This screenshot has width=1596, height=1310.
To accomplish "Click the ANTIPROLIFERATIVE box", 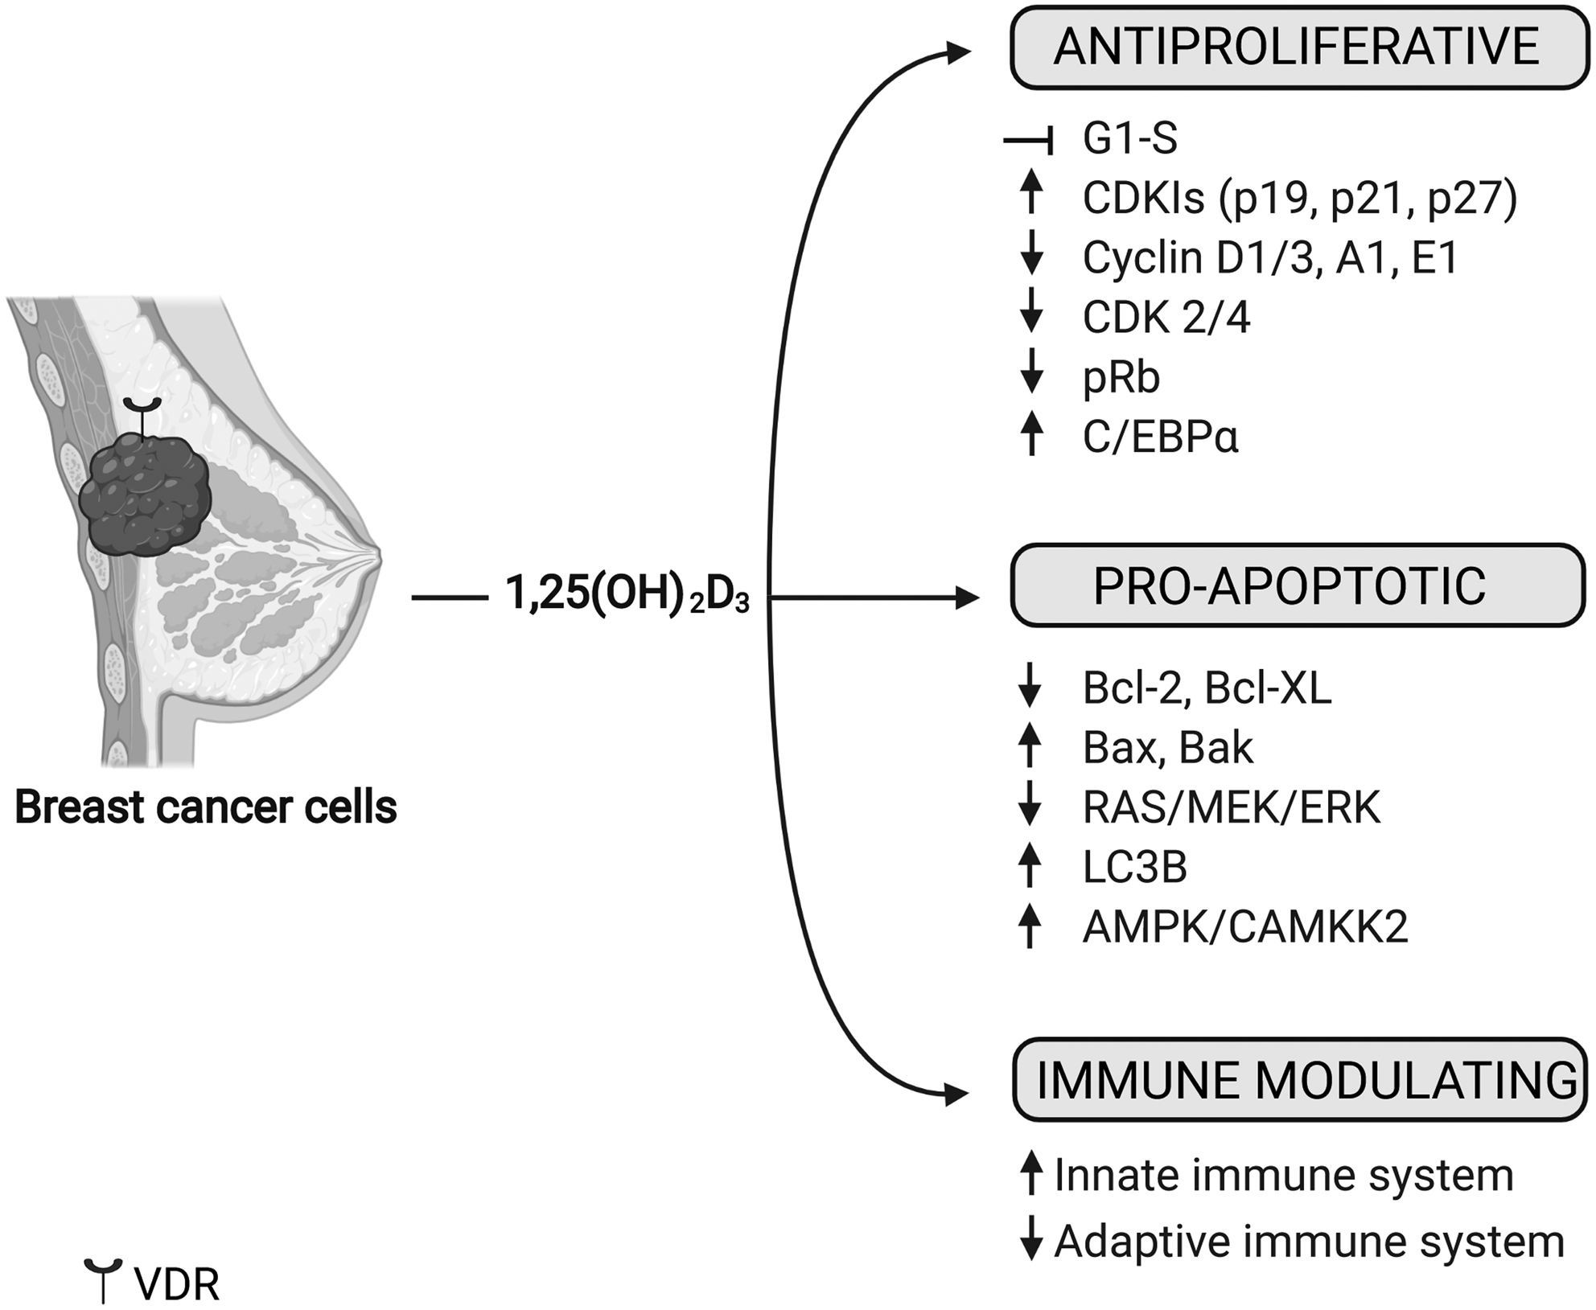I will (x=1298, y=47).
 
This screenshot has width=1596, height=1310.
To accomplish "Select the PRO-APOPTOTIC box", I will (x=1297, y=585).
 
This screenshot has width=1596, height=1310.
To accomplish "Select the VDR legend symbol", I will (x=103, y=1279).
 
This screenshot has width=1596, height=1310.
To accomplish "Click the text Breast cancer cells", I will (x=206, y=807).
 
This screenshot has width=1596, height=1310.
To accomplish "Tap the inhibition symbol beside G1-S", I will (x=1029, y=142).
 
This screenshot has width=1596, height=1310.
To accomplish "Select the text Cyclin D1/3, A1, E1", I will (x=1270, y=258).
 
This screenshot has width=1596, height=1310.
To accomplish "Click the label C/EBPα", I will (x=1160, y=437).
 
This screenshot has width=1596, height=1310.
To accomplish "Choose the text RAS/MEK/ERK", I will (x=1231, y=807).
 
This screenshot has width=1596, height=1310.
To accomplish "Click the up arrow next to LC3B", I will (x=1030, y=864).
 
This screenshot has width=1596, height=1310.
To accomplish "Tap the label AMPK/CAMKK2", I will (x=1245, y=926).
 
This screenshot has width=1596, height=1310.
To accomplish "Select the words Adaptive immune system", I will (x=1309, y=1241).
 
